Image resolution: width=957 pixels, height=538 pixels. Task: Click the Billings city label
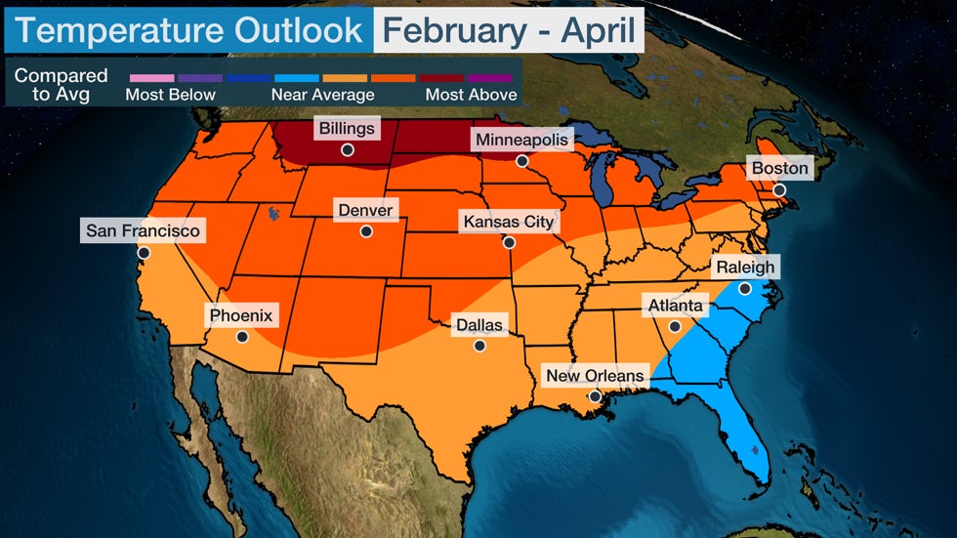347,129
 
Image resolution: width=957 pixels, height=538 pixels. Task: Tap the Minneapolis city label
521,140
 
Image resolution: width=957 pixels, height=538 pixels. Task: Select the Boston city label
779,168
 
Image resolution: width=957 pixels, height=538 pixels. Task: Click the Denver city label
365,210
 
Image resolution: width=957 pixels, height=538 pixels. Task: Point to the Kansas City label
508,222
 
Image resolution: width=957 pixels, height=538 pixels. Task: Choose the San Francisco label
143,230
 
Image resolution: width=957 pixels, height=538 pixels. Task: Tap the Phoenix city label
241,315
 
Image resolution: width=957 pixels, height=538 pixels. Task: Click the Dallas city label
478,324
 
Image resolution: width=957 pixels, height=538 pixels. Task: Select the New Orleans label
595,375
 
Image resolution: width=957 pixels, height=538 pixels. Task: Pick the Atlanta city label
675,306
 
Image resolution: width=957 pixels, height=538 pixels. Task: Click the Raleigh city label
744,267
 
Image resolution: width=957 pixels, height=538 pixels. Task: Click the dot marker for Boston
779,189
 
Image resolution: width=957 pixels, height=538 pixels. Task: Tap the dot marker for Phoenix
242,337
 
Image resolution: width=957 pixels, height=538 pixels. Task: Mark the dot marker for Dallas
479,346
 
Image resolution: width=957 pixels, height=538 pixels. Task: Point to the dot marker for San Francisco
144,252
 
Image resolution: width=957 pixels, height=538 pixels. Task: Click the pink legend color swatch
150,76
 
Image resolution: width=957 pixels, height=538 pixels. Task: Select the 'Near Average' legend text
321,95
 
